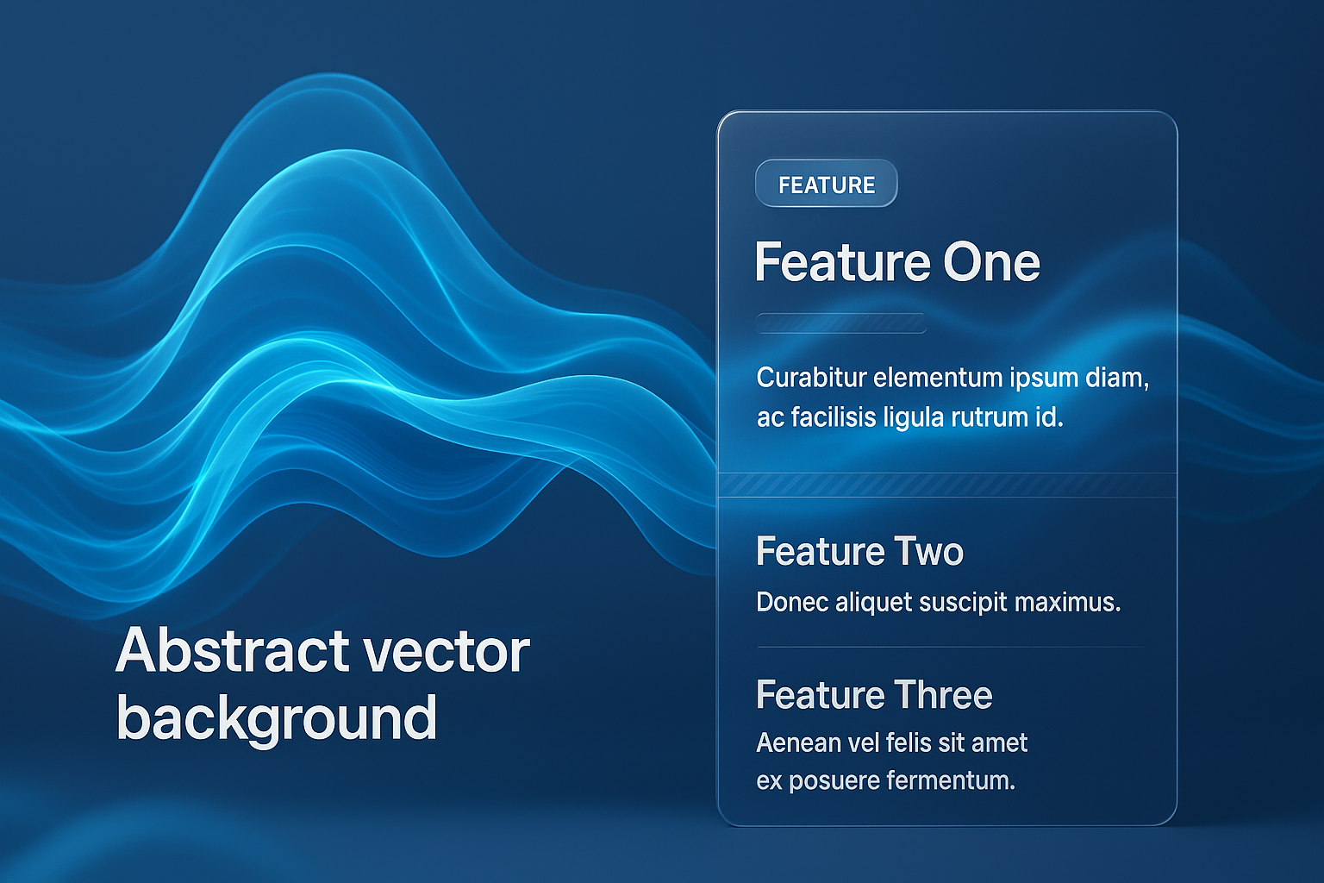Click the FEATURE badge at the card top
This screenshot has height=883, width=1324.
[x=827, y=184]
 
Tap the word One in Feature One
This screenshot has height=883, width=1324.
[x=991, y=263]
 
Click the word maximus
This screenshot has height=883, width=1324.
[x=1067, y=603]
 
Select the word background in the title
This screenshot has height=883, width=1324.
[x=277, y=718]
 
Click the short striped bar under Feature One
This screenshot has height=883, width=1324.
[x=841, y=323]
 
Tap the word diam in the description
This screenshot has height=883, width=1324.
[x=1118, y=379]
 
